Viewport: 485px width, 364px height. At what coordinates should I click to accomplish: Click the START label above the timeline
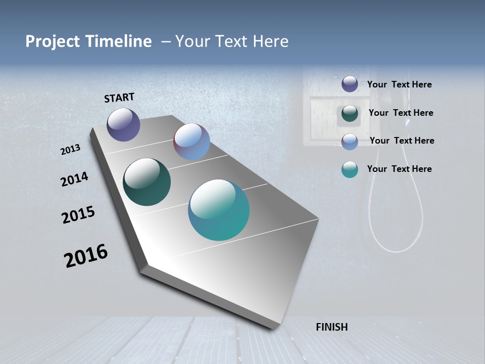coord(119,97)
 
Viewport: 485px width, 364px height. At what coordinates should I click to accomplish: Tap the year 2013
coord(70,150)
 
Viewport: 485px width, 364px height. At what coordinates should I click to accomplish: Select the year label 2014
coord(74,179)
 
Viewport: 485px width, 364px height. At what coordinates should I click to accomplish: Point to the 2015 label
coord(78,215)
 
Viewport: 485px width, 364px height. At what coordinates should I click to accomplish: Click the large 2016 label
coord(86,255)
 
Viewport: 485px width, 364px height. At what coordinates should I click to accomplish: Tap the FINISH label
coord(331,327)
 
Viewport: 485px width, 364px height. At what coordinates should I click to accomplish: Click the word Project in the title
coord(53,41)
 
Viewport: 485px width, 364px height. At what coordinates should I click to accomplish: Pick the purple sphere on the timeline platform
coord(123,124)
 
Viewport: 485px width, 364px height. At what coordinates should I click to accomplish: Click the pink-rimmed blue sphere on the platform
coord(191,142)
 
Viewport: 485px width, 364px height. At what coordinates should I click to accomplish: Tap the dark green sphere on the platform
coord(147,182)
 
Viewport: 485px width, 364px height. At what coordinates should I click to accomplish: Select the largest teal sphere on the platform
coord(219,210)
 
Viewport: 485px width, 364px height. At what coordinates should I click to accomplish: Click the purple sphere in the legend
coord(350,84)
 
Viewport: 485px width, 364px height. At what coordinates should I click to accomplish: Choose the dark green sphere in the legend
coord(350,113)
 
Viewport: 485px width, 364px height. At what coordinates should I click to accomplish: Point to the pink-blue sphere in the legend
coord(350,142)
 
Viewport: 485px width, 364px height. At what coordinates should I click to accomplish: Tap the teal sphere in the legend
coord(350,169)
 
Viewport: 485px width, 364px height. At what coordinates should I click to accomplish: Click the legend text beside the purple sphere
coord(399,85)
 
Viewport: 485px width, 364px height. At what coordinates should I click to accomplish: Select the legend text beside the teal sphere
coord(399,169)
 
